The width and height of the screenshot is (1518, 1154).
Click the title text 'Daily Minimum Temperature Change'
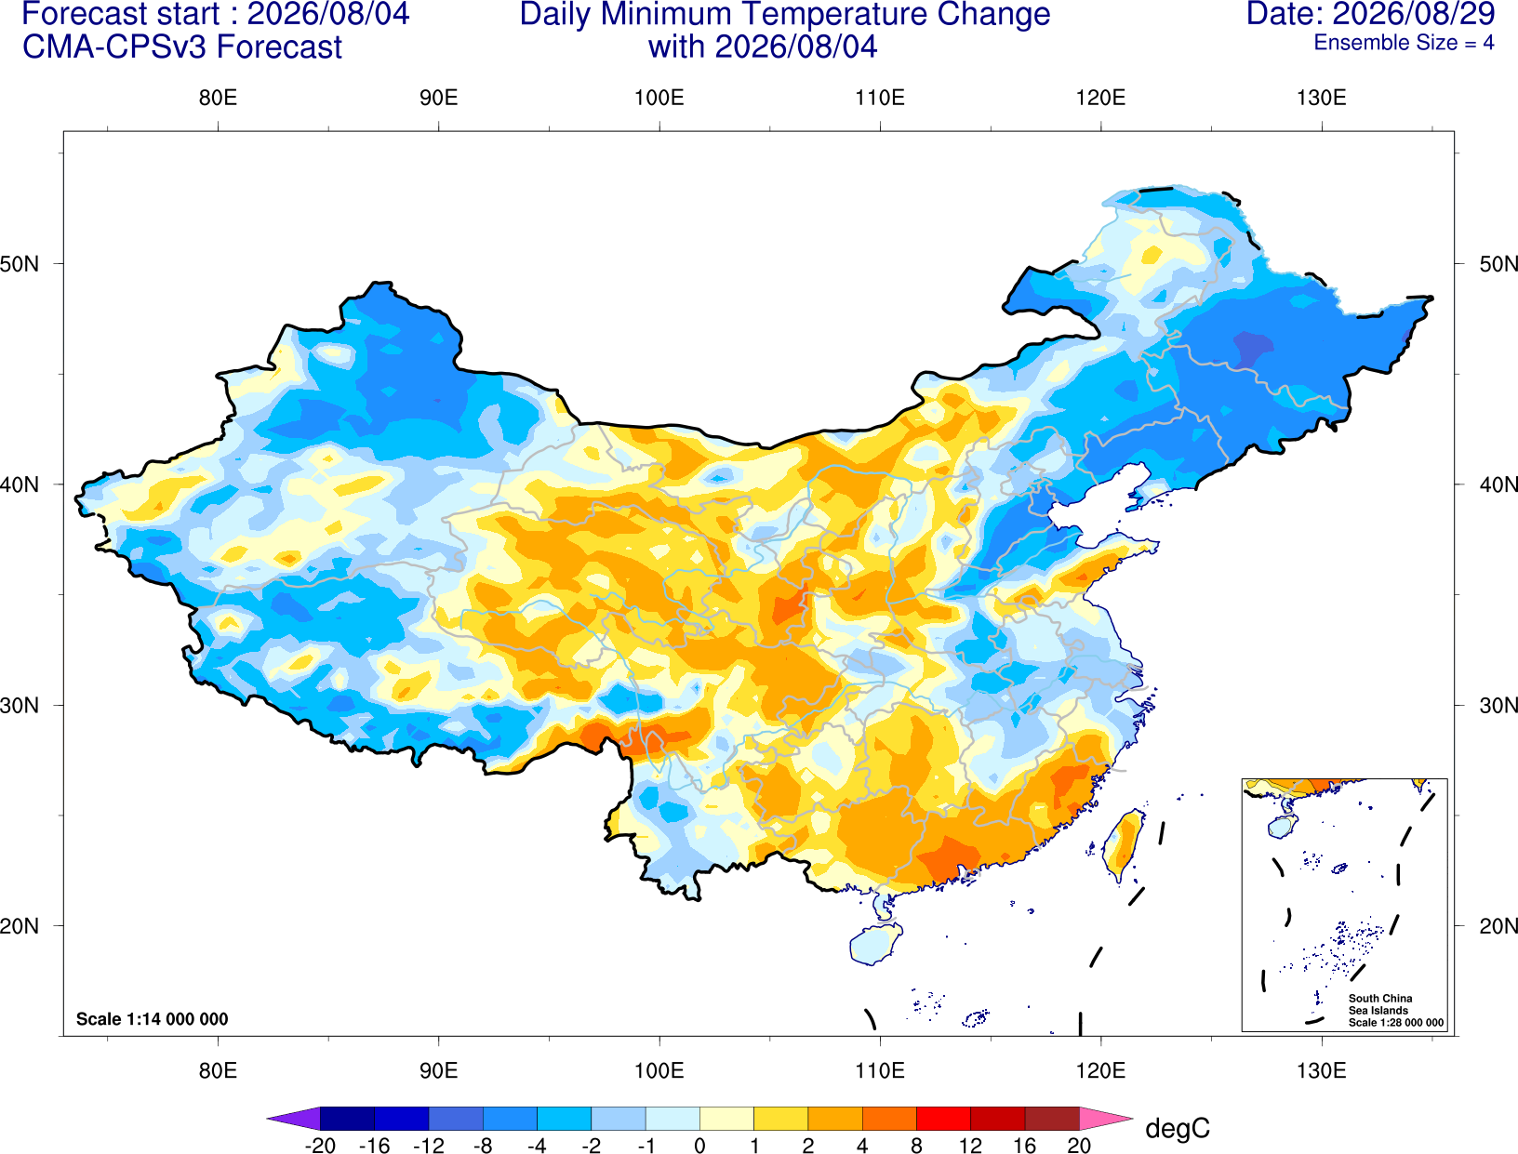[x=785, y=15]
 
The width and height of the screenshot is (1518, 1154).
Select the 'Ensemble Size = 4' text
[x=1404, y=43]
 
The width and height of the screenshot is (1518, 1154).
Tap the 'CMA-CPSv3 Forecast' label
[x=182, y=47]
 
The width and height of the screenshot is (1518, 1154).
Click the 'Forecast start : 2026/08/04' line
[x=216, y=15]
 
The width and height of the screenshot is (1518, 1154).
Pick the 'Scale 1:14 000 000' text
[x=153, y=1018]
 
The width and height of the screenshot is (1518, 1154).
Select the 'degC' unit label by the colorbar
[x=1177, y=1128]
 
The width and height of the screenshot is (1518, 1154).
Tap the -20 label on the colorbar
[x=320, y=1146]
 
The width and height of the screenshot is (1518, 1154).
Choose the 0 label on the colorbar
[x=699, y=1146]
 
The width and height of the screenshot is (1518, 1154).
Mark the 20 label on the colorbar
[x=1079, y=1146]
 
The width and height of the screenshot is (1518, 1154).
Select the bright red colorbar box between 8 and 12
[x=943, y=1119]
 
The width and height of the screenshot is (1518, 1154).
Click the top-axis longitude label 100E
[x=659, y=98]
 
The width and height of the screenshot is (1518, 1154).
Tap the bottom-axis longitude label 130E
[x=1321, y=1071]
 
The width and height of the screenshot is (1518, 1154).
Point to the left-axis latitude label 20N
[x=20, y=926]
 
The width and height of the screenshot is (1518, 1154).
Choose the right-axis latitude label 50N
[x=1498, y=264]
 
